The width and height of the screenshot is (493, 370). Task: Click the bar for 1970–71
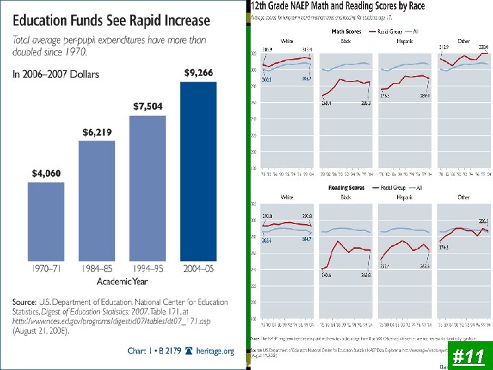click(x=47, y=221)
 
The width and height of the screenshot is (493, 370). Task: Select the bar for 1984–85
click(x=97, y=200)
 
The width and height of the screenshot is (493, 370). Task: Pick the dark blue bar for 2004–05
click(x=198, y=171)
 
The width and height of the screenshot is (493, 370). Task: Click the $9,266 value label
click(x=198, y=72)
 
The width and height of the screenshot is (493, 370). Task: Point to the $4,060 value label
click(x=47, y=173)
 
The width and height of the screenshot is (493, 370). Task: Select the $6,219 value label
click(x=97, y=132)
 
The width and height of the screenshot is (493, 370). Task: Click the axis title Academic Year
click(x=123, y=282)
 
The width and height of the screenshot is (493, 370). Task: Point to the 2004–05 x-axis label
click(x=198, y=269)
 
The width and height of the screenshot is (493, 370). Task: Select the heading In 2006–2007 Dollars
click(x=55, y=74)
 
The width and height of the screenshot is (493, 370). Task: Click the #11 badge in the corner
click(x=469, y=356)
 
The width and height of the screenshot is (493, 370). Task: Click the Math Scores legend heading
click(x=346, y=32)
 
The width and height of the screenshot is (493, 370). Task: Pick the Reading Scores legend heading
click(x=347, y=187)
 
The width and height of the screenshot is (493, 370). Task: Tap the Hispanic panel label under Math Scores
click(x=405, y=41)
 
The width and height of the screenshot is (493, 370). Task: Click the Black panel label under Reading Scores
click(x=346, y=197)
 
